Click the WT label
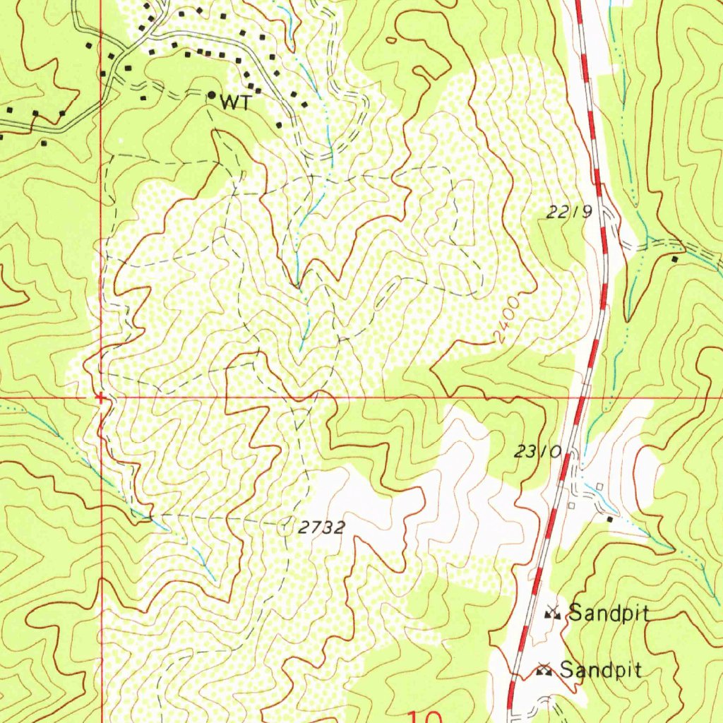click(x=236, y=103)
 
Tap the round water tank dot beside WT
click(x=211, y=95)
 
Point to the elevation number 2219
click(x=569, y=211)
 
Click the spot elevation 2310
click(x=538, y=453)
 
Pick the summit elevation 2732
click(x=321, y=527)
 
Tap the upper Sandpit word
click(x=609, y=613)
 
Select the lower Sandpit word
click(x=601, y=669)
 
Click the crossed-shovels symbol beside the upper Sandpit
click(x=552, y=614)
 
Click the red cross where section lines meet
click(x=101, y=398)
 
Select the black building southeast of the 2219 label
click(x=675, y=259)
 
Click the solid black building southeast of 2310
click(x=611, y=519)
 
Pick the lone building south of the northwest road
click(x=44, y=143)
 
